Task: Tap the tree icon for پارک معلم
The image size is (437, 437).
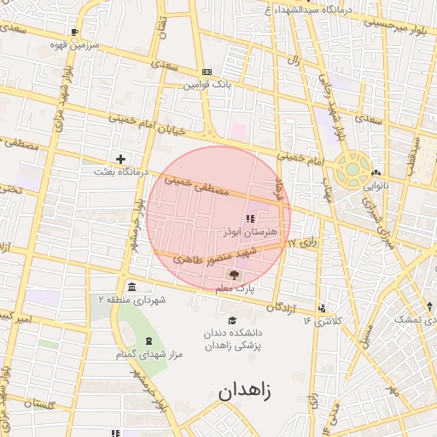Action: pyautogui.click(x=234, y=275)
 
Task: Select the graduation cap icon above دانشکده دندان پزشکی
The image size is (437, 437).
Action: pyautogui.click(x=232, y=320)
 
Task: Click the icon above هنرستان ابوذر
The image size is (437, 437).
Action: pyautogui.click(x=249, y=219)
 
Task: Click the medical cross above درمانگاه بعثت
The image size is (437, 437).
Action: pyautogui.click(x=121, y=159)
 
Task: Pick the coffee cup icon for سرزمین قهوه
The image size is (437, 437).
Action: pyautogui.click(x=74, y=32)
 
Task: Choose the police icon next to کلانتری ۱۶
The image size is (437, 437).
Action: pyautogui.click(x=321, y=308)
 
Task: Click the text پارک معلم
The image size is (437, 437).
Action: pyautogui.click(x=235, y=289)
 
